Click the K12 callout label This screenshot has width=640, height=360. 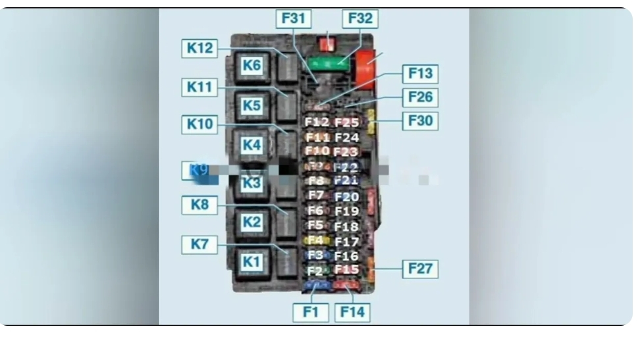(x=200, y=48)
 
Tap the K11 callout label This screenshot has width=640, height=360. (x=200, y=86)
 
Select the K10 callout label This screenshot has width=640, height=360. (x=200, y=124)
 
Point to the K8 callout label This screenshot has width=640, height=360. (x=200, y=205)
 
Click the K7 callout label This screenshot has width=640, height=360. (x=200, y=245)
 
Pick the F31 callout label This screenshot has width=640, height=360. (x=293, y=18)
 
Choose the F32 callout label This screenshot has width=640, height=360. (x=360, y=18)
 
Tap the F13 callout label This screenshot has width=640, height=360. (x=420, y=73)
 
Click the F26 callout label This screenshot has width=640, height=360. (x=420, y=97)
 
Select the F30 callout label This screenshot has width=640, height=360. (x=420, y=121)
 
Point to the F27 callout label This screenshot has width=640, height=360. (x=420, y=269)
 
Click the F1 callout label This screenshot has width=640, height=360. (x=311, y=312)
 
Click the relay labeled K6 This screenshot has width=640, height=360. (x=252, y=65)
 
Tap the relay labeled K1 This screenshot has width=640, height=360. (x=252, y=261)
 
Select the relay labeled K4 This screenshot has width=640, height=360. (x=252, y=145)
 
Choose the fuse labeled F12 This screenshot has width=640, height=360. (x=317, y=122)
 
